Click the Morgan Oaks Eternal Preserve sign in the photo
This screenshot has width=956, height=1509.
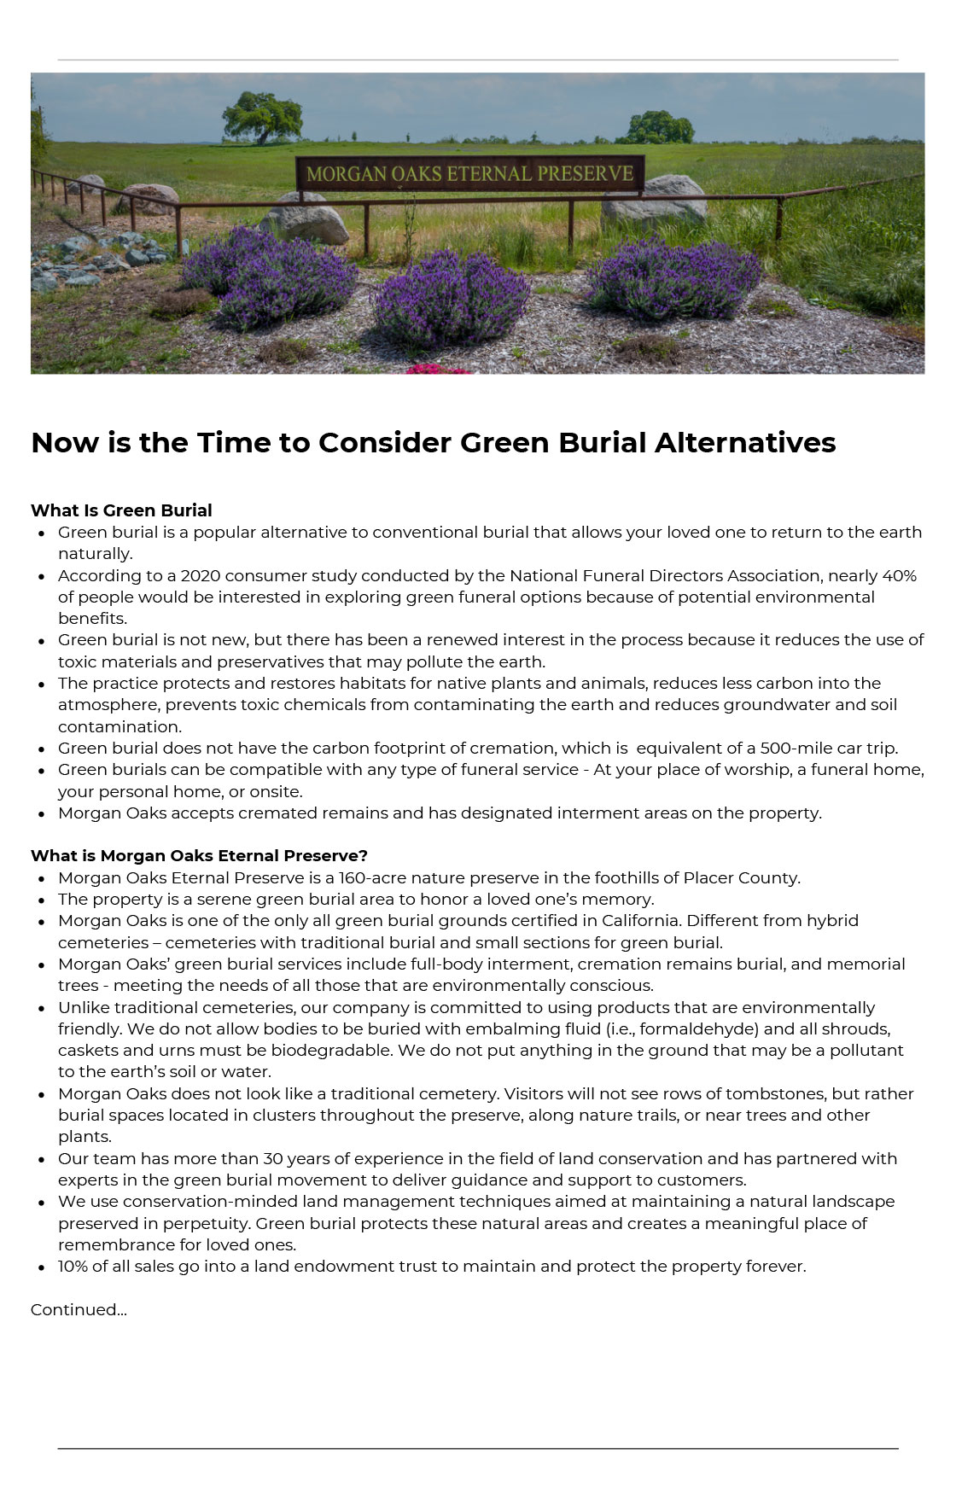click(x=469, y=174)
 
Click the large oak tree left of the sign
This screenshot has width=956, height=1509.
click(x=263, y=116)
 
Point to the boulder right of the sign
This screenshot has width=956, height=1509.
click(x=655, y=199)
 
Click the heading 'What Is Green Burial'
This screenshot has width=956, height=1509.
click(x=121, y=510)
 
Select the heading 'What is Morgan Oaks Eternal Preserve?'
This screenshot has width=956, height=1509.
click(x=199, y=855)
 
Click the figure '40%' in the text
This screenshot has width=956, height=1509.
click(x=899, y=576)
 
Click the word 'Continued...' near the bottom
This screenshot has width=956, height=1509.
click(x=79, y=1309)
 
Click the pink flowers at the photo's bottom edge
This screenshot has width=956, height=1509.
click(x=436, y=369)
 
